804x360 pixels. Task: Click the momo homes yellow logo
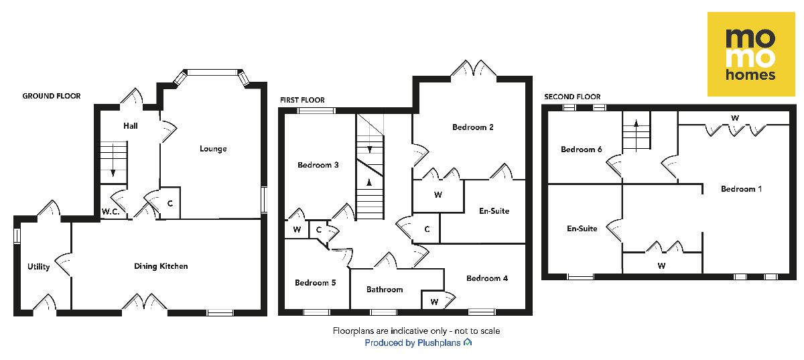click(x=752, y=54)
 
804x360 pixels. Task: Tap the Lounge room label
click(x=213, y=149)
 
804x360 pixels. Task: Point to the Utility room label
click(x=39, y=267)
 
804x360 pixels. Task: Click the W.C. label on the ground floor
click(x=111, y=212)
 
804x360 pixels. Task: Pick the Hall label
click(x=131, y=125)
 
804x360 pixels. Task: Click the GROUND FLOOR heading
click(x=52, y=97)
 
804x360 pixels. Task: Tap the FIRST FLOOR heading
click(x=301, y=99)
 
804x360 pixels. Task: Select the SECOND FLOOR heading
click(x=572, y=97)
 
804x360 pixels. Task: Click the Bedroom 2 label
click(x=473, y=127)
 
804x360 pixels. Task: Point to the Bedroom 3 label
click(x=318, y=165)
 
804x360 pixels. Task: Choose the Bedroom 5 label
click(x=315, y=283)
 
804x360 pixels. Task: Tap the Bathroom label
click(x=385, y=290)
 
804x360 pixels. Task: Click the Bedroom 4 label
click(x=487, y=278)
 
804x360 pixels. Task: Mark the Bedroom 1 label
click(x=741, y=189)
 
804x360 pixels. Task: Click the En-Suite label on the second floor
click(x=582, y=229)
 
